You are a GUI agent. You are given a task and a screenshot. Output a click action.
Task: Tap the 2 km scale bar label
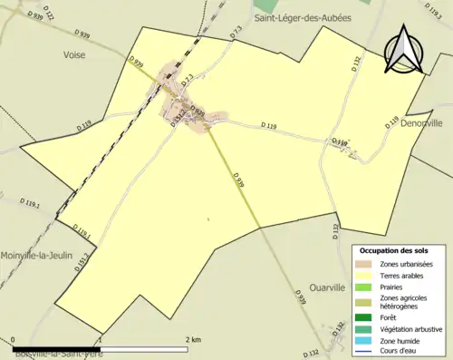click(x=192, y=339)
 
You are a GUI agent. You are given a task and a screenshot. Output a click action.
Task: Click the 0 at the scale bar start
click(x=15, y=339)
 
